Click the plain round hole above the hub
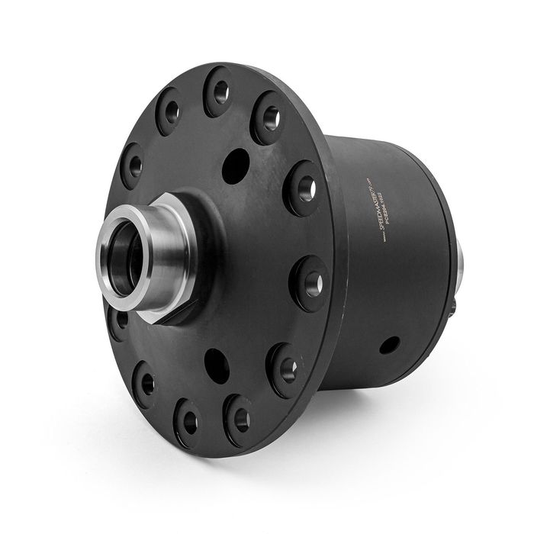pyautogui.click(x=236, y=165)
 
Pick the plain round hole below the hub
pyautogui.click(x=217, y=365)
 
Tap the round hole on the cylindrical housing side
pyautogui.click(x=390, y=345)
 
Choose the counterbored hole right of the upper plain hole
pyautogui.click(x=304, y=188)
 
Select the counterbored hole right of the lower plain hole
pyautogui.click(x=285, y=369)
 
